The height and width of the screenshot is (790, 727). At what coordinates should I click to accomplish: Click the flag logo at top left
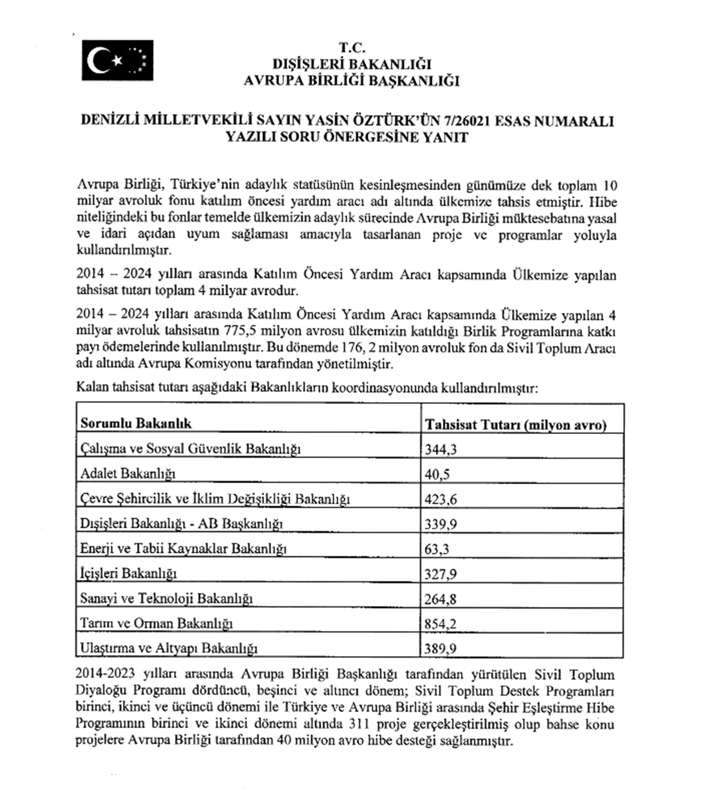pos(118,61)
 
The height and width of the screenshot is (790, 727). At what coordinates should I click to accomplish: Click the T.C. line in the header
pos(351,48)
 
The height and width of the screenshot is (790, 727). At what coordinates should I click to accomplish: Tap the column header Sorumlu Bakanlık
pos(136,424)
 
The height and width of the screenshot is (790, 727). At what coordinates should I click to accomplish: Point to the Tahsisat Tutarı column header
pos(515,425)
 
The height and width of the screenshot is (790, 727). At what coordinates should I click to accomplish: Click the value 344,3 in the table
pos(440,449)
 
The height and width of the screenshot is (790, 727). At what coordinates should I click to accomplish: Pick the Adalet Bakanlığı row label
pos(128,474)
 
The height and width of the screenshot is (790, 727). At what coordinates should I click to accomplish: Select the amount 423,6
pos(440,499)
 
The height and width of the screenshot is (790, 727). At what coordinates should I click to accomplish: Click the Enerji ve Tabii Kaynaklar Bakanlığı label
pos(184,549)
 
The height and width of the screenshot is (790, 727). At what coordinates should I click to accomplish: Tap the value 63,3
pos(437,549)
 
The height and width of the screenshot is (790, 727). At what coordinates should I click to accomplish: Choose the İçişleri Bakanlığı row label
pos(128,573)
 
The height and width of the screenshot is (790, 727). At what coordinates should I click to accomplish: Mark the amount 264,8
pos(440,599)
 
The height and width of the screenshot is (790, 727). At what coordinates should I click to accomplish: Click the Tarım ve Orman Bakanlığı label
pos(156,624)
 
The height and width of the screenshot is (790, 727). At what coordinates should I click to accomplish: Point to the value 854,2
pos(440,624)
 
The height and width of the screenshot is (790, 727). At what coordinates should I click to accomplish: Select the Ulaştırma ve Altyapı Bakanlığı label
pos(168,648)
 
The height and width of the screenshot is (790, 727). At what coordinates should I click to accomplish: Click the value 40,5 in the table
pos(437,474)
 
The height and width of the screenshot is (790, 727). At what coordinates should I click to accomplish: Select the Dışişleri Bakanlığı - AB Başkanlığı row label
pos(181,524)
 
